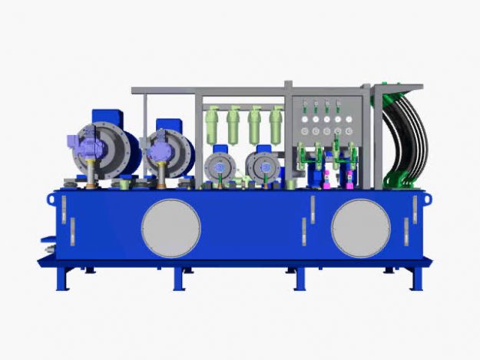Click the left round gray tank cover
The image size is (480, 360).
pos(170,228)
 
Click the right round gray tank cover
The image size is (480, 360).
pos(361,228)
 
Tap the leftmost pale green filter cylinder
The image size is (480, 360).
pos(213,124)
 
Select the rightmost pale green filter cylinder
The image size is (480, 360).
pos(276,124)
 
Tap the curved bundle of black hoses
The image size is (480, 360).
pos(406,142)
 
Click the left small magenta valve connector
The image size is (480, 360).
pos(325,181)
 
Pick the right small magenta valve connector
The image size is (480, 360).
pos(350,181)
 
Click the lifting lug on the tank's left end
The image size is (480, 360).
pos(51,199)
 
